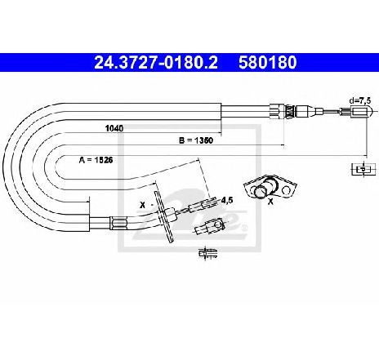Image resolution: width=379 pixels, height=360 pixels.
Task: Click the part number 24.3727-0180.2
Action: [x=156, y=62]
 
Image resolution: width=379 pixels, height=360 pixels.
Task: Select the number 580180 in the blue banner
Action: [x=268, y=62]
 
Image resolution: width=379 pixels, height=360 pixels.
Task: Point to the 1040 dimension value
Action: [x=114, y=128]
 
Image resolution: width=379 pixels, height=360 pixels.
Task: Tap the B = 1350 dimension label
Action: [x=196, y=140]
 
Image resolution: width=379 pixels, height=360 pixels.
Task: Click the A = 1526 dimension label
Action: [x=96, y=160]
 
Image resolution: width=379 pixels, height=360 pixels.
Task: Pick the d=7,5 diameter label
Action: [x=360, y=100]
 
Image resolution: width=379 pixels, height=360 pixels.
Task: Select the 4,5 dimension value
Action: [x=227, y=200]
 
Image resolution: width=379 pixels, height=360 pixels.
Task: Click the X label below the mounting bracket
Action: [x=270, y=202]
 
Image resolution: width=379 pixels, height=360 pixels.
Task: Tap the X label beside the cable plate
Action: [x=142, y=205]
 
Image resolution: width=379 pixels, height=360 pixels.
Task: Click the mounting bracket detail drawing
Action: [x=270, y=187]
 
